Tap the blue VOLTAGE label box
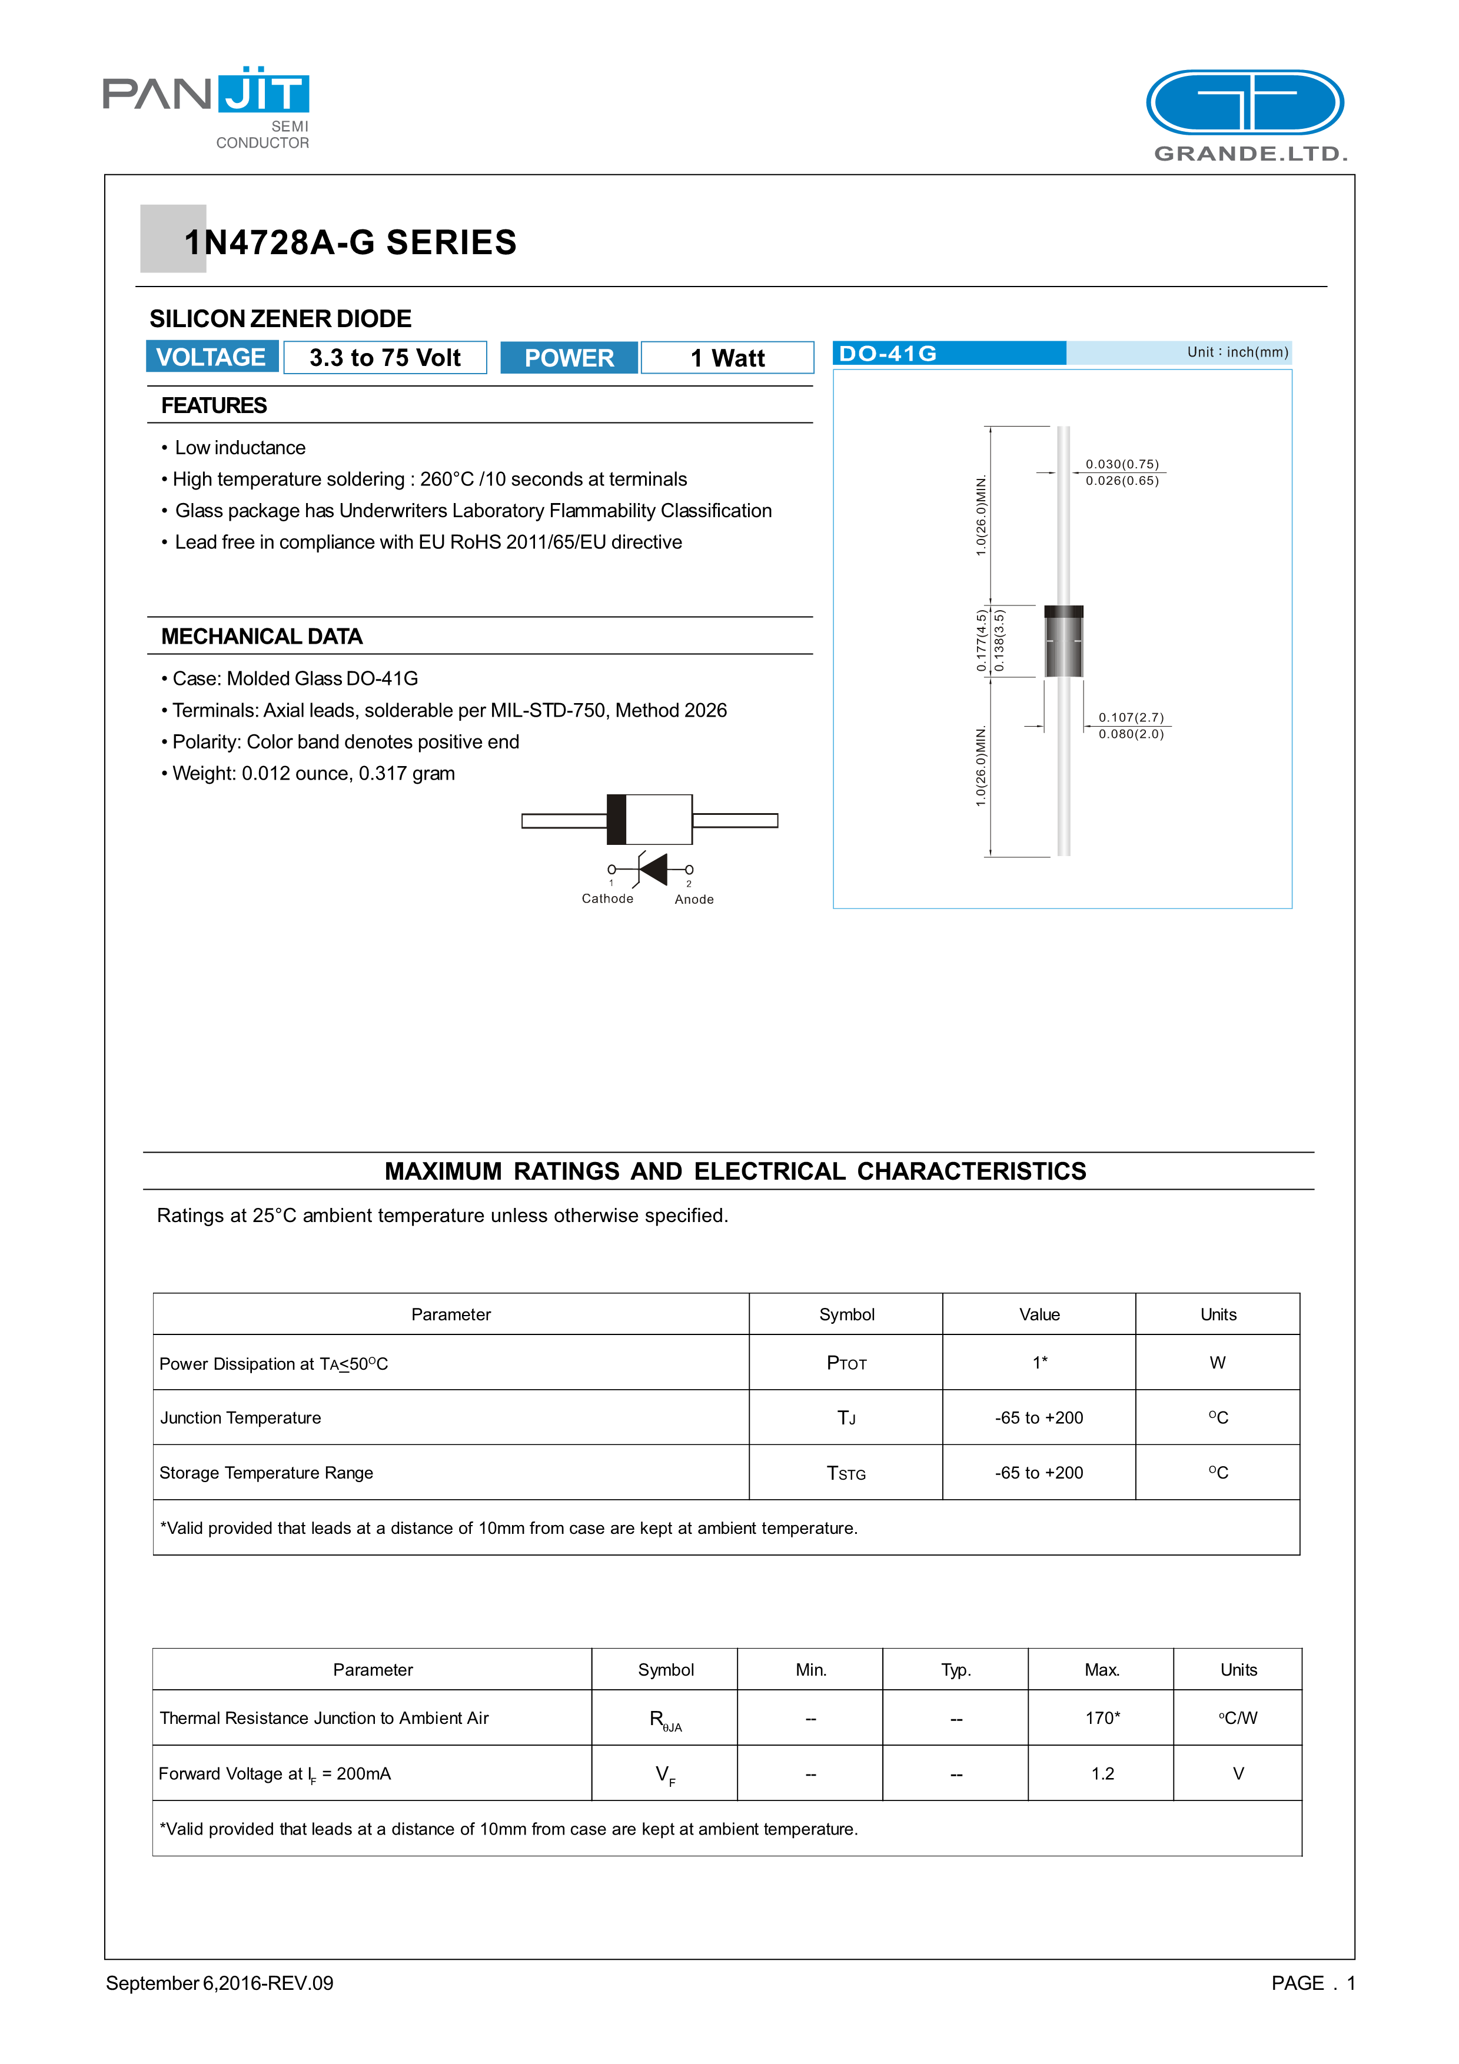(211, 357)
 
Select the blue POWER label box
(569, 358)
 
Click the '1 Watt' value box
(727, 358)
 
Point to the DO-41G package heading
(888, 353)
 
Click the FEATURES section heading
(214, 405)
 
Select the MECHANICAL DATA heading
(261, 637)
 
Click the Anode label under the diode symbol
(694, 899)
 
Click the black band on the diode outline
(617, 819)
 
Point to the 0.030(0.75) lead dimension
(1122, 464)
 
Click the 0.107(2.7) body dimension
(1131, 717)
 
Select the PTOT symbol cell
(846, 1363)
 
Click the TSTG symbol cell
(846, 1473)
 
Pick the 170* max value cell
(1102, 1718)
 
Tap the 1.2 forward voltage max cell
(1102, 1773)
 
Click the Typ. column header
(956, 1669)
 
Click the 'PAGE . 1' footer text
(1312, 1982)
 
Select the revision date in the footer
(220, 1982)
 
